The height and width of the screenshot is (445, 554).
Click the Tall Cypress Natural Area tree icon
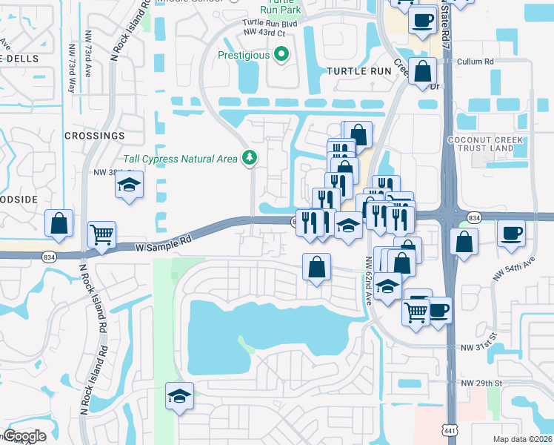coord(250,157)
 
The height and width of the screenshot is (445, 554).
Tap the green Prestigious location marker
coord(281,54)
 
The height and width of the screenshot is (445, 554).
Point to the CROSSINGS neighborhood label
coord(94,136)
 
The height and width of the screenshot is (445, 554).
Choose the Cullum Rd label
coord(475,62)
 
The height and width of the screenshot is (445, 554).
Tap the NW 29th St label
coord(481,383)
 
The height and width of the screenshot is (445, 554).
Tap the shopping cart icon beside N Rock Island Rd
coord(102,235)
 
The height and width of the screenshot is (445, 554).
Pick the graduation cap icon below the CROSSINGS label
coord(129,185)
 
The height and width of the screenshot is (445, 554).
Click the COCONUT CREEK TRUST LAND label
coord(486,144)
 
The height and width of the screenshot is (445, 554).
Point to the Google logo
coord(24,436)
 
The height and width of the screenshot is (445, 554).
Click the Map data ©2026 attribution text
coord(522,439)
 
